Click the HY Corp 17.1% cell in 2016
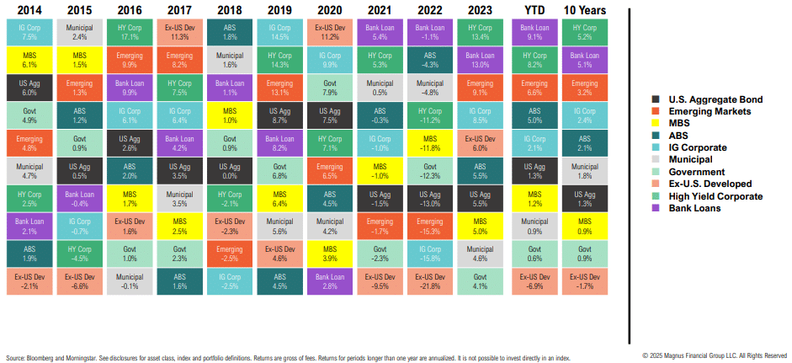coord(130,32)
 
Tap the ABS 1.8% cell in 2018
coord(230,32)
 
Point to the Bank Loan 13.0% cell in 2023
coord(480,60)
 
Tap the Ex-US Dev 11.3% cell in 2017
coord(179,32)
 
